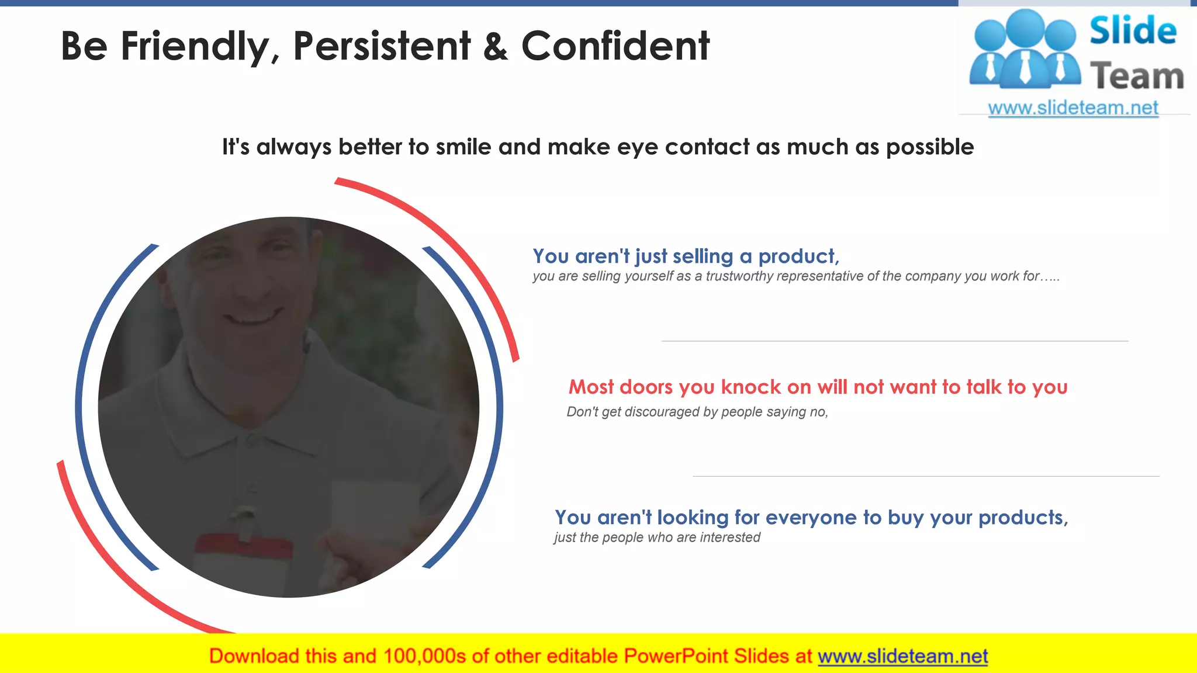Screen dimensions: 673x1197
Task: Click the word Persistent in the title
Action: [381, 46]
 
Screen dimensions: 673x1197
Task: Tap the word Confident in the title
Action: [615, 46]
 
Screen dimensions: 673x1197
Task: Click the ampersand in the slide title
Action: [495, 47]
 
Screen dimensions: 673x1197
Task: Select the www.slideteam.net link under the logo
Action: [1073, 108]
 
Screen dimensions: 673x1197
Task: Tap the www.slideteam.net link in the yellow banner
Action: [902, 657]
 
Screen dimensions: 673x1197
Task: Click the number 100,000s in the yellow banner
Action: [424, 657]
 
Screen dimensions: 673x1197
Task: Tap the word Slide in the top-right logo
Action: [1132, 30]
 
